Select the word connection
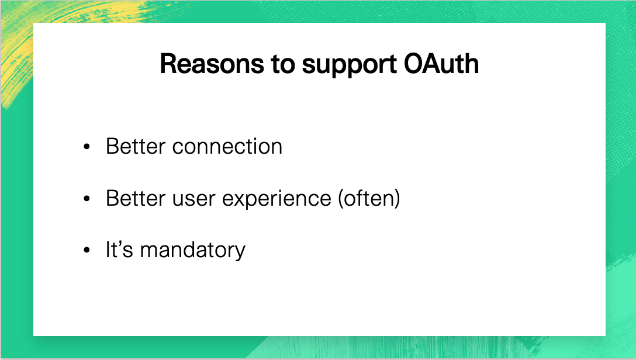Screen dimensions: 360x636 (x=227, y=146)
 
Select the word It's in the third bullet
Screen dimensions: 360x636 (x=119, y=250)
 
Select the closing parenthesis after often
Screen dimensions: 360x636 (x=397, y=198)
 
